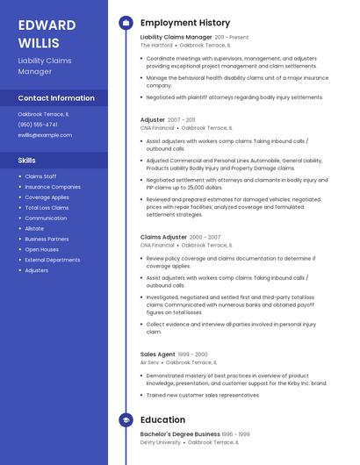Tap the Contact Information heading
56,98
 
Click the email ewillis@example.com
45,135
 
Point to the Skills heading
27,161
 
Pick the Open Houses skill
42,249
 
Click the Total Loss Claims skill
47,208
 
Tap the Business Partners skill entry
47,239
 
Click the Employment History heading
185,23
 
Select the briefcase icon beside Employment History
125,23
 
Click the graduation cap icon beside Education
125,420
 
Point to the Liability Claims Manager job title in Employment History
176,38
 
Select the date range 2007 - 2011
182,119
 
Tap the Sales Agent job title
157,354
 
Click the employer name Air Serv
149,361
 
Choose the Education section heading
162,420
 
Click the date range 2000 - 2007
205,238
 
